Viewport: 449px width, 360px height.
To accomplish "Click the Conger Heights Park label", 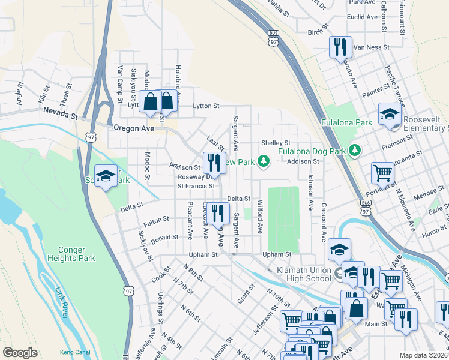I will (77, 254).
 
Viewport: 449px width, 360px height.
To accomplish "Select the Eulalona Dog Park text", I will (312, 151).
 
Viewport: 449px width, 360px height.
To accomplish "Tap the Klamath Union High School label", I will (304, 275).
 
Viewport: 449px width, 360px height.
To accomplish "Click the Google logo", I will (20, 353).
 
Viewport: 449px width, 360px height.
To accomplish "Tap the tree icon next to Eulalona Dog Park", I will (355, 149).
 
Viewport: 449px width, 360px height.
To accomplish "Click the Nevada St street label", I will (61, 113).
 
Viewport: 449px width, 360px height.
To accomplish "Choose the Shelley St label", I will (276, 143).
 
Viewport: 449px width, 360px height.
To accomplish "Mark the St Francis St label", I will (195, 186).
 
